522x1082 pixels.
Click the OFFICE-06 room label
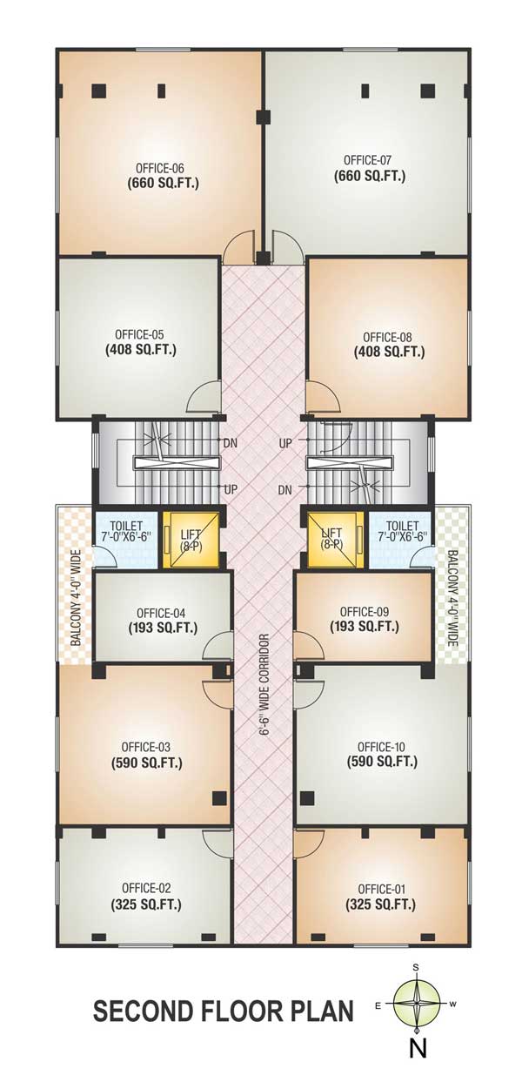[x=160, y=169]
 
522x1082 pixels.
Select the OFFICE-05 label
[x=139, y=334]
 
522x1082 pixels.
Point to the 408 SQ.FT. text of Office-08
[x=389, y=352]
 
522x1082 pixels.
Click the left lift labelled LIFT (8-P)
[x=191, y=540]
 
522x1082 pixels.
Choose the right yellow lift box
[x=336, y=540]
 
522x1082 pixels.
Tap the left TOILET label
[x=126, y=526]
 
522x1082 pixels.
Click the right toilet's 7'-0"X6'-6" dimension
[x=403, y=536]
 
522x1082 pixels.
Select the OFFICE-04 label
[x=161, y=614]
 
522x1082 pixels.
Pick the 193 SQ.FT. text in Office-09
[x=365, y=627]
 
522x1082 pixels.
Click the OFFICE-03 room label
[x=146, y=747]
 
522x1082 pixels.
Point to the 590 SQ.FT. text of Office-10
[x=383, y=762]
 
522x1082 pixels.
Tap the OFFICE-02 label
[x=146, y=888]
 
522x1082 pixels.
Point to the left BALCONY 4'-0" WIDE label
[x=77, y=597]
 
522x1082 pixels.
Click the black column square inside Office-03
[x=220, y=797]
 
